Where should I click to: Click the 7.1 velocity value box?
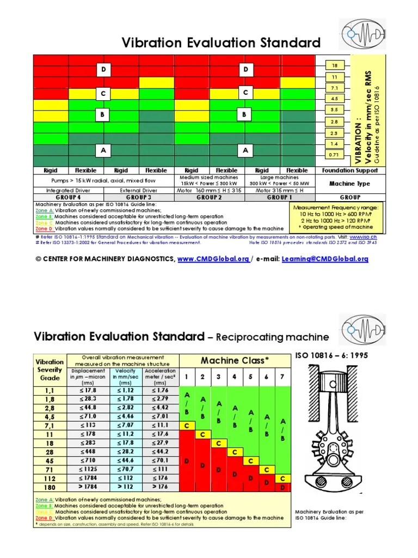point(335,87)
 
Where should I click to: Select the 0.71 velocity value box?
point(335,155)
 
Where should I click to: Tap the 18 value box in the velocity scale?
point(335,65)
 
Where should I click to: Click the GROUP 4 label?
point(68,197)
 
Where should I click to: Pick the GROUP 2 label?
point(209,197)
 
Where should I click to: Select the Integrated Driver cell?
point(68,190)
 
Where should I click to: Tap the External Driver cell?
point(139,190)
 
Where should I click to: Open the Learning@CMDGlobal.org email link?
point(325,259)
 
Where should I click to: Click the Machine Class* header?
point(235,360)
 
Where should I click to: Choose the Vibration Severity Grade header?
point(50,369)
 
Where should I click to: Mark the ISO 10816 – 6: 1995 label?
point(329,355)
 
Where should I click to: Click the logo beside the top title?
point(362,34)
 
